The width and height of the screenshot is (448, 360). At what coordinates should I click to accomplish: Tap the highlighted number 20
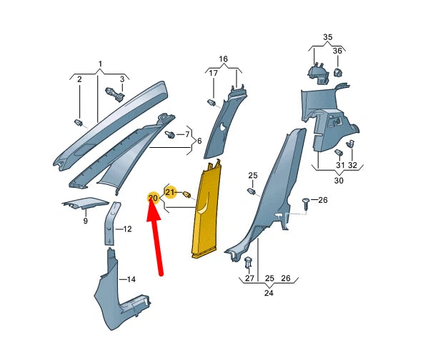[153, 198]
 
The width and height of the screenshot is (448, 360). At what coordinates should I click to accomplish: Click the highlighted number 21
[170, 192]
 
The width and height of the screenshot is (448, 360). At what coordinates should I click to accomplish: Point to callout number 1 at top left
[100, 64]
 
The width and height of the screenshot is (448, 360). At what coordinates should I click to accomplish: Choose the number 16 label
[223, 59]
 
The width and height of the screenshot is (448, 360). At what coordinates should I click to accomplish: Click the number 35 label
[327, 36]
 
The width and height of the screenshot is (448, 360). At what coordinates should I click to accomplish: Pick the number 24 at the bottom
[268, 292]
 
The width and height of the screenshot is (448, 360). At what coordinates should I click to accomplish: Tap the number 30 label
[339, 181]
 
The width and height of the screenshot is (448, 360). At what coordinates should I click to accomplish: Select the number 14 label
[130, 279]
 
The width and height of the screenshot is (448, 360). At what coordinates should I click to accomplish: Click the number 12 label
[127, 229]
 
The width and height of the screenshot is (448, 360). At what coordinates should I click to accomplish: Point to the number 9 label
[85, 221]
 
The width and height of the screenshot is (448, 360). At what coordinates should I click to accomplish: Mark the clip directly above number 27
[249, 262]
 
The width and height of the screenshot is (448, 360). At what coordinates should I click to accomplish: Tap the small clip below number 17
[211, 104]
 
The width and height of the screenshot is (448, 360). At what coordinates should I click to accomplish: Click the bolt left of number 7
[170, 134]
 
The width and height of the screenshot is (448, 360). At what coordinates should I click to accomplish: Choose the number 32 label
[352, 166]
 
